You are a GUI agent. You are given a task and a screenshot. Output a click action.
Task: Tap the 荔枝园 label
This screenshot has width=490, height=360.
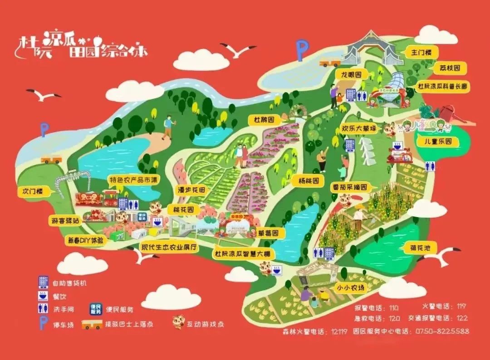tap(450, 68)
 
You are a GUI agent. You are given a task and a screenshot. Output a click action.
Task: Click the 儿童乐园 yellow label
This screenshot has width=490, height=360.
tap(438, 142)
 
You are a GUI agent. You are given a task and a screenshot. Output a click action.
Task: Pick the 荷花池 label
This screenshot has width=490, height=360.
tap(418, 248)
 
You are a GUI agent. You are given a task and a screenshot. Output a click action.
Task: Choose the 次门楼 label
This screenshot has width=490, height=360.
tap(33, 191)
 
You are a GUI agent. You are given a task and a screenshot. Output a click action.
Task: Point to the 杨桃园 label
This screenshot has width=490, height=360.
tap(309, 180)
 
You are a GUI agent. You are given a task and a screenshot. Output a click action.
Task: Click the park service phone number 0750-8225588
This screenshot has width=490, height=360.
tap(442, 331)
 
